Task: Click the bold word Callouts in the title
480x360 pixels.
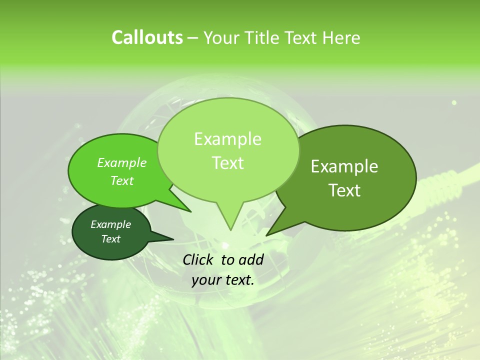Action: (147, 37)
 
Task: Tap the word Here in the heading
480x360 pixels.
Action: (342, 37)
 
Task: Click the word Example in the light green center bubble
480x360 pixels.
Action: (227, 139)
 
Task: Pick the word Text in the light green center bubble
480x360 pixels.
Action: (227, 162)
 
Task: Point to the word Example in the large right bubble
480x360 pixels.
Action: (344, 166)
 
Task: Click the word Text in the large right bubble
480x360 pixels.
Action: (344, 190)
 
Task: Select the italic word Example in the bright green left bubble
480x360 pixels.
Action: (121, 162)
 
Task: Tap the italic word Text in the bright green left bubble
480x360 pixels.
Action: (121, 180)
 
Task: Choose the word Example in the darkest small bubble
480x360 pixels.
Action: (110, 224)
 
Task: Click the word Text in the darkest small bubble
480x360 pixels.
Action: (110, 239)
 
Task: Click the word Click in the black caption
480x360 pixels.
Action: (198, 259)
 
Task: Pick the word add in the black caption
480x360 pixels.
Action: (251, 259)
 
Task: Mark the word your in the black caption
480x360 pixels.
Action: (206, 280)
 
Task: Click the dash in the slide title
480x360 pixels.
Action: (193, 38)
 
